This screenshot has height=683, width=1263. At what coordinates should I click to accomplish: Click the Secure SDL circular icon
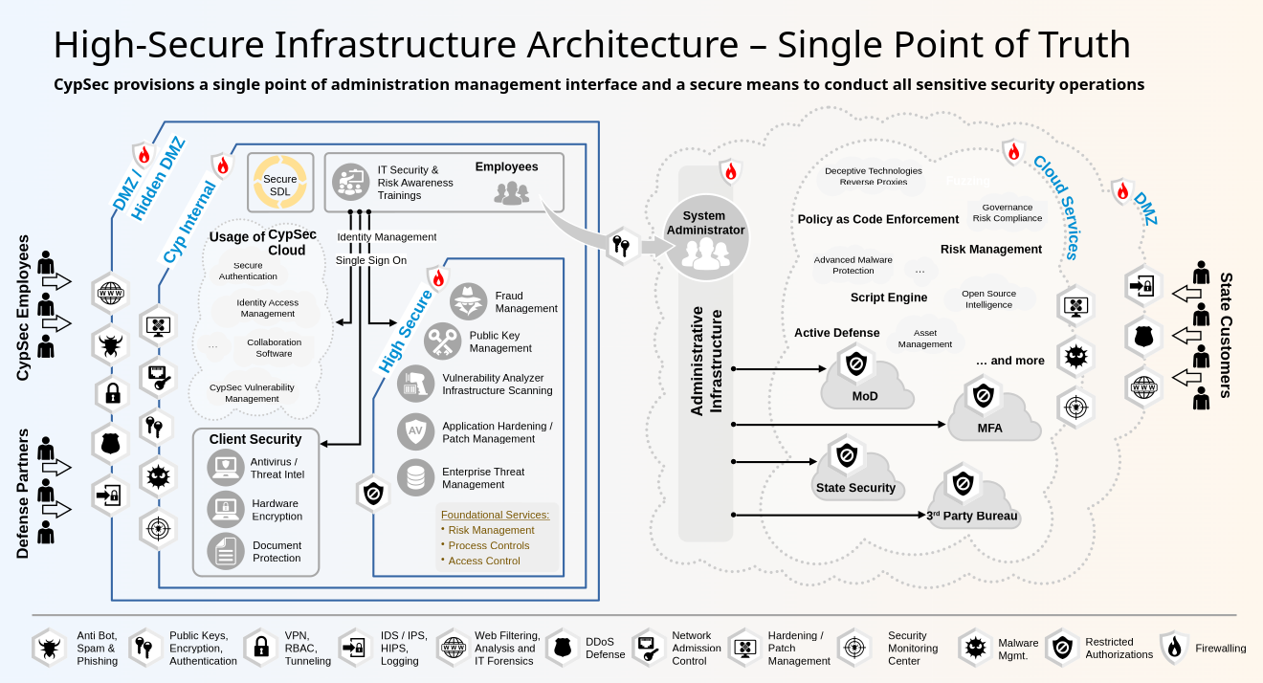(x=279, y=184)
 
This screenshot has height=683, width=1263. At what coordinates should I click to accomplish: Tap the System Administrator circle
(x=705, y=237)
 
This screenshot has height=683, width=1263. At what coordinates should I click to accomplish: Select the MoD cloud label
(x=864, y=396)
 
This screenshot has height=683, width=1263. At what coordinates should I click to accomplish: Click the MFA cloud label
(x=989, y=428)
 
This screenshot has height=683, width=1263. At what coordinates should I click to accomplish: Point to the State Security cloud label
(x=855, y=488)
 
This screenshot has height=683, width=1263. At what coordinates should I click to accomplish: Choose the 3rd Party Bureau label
(x=972, y=517)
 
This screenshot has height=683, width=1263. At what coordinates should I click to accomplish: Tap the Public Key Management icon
(x=442, y=341)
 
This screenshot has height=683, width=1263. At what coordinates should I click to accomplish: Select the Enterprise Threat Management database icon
(x=415, y=477)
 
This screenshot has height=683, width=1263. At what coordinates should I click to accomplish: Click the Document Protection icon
(x=226, y=551)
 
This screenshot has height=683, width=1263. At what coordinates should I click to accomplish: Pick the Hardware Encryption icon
(x=226, y=509)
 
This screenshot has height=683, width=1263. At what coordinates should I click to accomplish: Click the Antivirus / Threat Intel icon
(x=226, y=468)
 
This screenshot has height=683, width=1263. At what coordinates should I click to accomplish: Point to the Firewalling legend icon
(x=1173, y=648)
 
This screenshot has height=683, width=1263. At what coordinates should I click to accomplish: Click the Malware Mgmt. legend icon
(x=975, y=648)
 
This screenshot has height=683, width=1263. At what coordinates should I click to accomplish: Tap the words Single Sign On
(x=370, y=260)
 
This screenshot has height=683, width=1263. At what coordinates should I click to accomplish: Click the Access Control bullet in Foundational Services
(x=483, y=561)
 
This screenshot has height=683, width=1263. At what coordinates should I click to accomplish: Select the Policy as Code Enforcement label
(x=877, y=219)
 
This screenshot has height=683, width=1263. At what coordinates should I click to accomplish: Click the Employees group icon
(x=511, y=193)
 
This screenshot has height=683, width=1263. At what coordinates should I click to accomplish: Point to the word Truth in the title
(x=1079, y=45)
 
